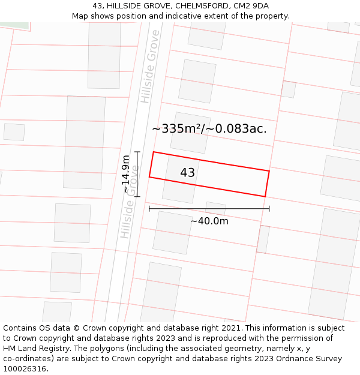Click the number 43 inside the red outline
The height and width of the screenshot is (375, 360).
[x=187, y=173]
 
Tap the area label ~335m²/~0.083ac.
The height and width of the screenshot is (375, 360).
[x=209, y=128]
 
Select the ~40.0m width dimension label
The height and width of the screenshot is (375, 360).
[x=209, y=221]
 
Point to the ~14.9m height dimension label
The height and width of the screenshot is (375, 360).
[x=125, y=174]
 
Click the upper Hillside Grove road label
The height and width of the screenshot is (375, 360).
[x=149, y=66]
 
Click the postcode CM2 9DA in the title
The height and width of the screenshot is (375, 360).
[x=251, y=6]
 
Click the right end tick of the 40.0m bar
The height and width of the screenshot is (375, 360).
[x=269, y=209]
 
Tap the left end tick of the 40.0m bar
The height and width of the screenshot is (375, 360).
[x=149, y=209]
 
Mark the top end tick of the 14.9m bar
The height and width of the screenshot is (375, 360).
[x=137, y=152]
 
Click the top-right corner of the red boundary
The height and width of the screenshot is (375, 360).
[x=269, y=172]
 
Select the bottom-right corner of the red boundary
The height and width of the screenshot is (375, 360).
[x=265, y=196]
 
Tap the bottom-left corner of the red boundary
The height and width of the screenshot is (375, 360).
[x=149, y=177]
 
